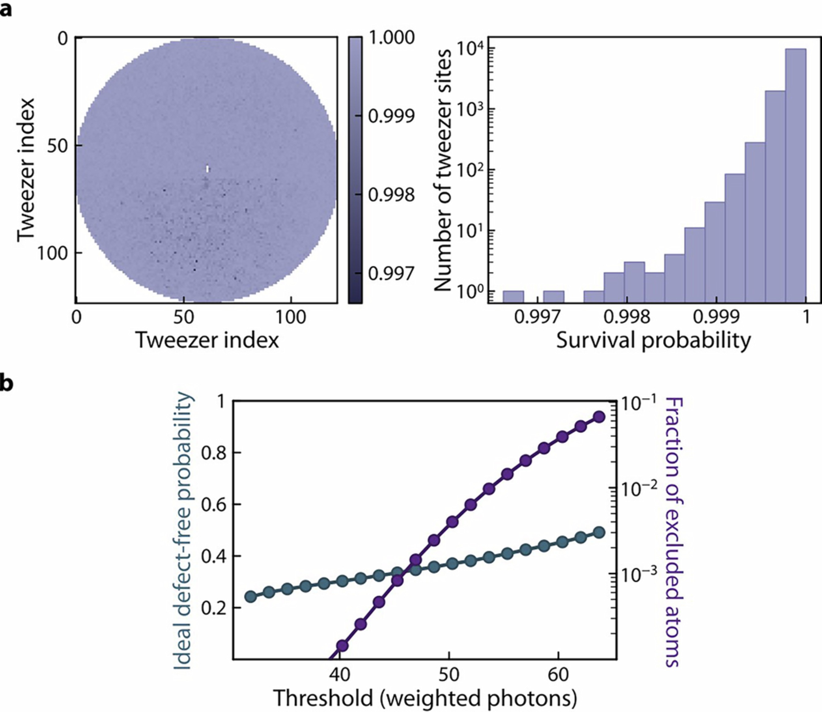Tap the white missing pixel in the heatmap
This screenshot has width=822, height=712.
(x=208, y=169)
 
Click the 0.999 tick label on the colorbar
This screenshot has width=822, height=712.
(x=391, y=116)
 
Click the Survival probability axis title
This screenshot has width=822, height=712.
(x=653, y=340)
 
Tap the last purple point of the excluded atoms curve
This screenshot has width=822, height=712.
(x=599, y=417)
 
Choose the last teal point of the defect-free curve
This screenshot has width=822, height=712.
(x=599, y=532)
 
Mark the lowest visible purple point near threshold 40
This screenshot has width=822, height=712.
(x=342, y=646)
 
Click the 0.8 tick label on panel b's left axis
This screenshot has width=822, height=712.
(x=214, y=453)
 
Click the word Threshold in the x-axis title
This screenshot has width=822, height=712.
(x=323, y=698)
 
